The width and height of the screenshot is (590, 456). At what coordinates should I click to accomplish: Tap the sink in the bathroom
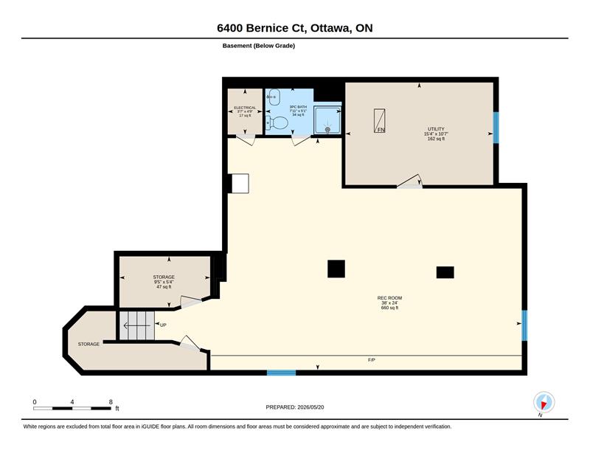click(274, 97)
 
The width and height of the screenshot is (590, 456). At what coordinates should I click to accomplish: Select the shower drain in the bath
click(327, 129)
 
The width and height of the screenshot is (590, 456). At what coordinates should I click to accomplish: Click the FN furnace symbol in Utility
click(379, 121)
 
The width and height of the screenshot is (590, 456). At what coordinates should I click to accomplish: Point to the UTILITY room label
click(436, 129)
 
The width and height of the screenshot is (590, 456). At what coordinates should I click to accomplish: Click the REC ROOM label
click(390, 298)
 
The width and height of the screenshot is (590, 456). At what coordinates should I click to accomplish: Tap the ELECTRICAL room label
click(245, 108)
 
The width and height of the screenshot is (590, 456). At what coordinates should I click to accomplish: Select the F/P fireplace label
click(372, 360)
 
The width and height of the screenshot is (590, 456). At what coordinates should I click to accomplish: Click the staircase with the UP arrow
click(137, 325)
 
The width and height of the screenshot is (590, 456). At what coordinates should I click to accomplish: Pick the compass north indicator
click(544, 402)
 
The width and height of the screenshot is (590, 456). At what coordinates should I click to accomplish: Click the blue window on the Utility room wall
click(496, 128)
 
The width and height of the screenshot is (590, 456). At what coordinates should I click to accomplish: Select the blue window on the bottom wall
click(282, 373)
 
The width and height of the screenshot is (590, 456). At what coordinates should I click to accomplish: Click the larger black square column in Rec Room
click(336, 269)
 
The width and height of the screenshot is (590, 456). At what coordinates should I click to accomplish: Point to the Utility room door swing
click(410, 181)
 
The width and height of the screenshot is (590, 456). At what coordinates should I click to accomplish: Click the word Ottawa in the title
click(330, 28)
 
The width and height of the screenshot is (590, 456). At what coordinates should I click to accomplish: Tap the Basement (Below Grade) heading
click(259, 46)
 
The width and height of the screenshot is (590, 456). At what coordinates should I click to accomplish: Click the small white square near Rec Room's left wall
click(240, 184)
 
